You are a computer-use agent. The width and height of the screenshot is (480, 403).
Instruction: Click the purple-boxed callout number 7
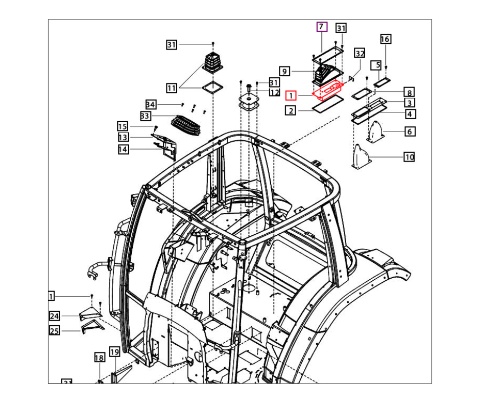(x=321, y=27)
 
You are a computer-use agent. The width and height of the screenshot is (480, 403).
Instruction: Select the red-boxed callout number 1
(x=291, y=95)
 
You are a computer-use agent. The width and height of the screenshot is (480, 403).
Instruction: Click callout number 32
(x=359, y=54)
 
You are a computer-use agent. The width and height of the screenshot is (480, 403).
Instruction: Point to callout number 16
(x=386, y=39)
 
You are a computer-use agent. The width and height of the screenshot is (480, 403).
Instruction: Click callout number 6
(x=409, y=132)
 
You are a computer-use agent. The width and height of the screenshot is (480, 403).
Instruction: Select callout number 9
(x=285, y=71)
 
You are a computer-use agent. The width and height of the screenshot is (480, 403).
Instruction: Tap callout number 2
(x=291, y=110)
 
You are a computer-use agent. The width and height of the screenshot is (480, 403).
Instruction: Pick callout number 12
(x=275, y=93)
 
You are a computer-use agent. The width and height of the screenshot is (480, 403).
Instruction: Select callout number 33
(x=146, y=116)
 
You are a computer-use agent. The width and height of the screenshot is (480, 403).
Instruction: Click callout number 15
(x=123, y=126)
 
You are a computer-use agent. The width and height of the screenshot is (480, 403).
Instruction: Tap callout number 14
(x=123, y=149)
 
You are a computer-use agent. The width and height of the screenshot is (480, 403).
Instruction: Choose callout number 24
(x=55, y=315)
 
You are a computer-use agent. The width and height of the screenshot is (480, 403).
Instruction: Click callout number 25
(x=55, y=331)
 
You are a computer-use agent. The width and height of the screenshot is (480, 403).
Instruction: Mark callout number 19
(x=114, y=352)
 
